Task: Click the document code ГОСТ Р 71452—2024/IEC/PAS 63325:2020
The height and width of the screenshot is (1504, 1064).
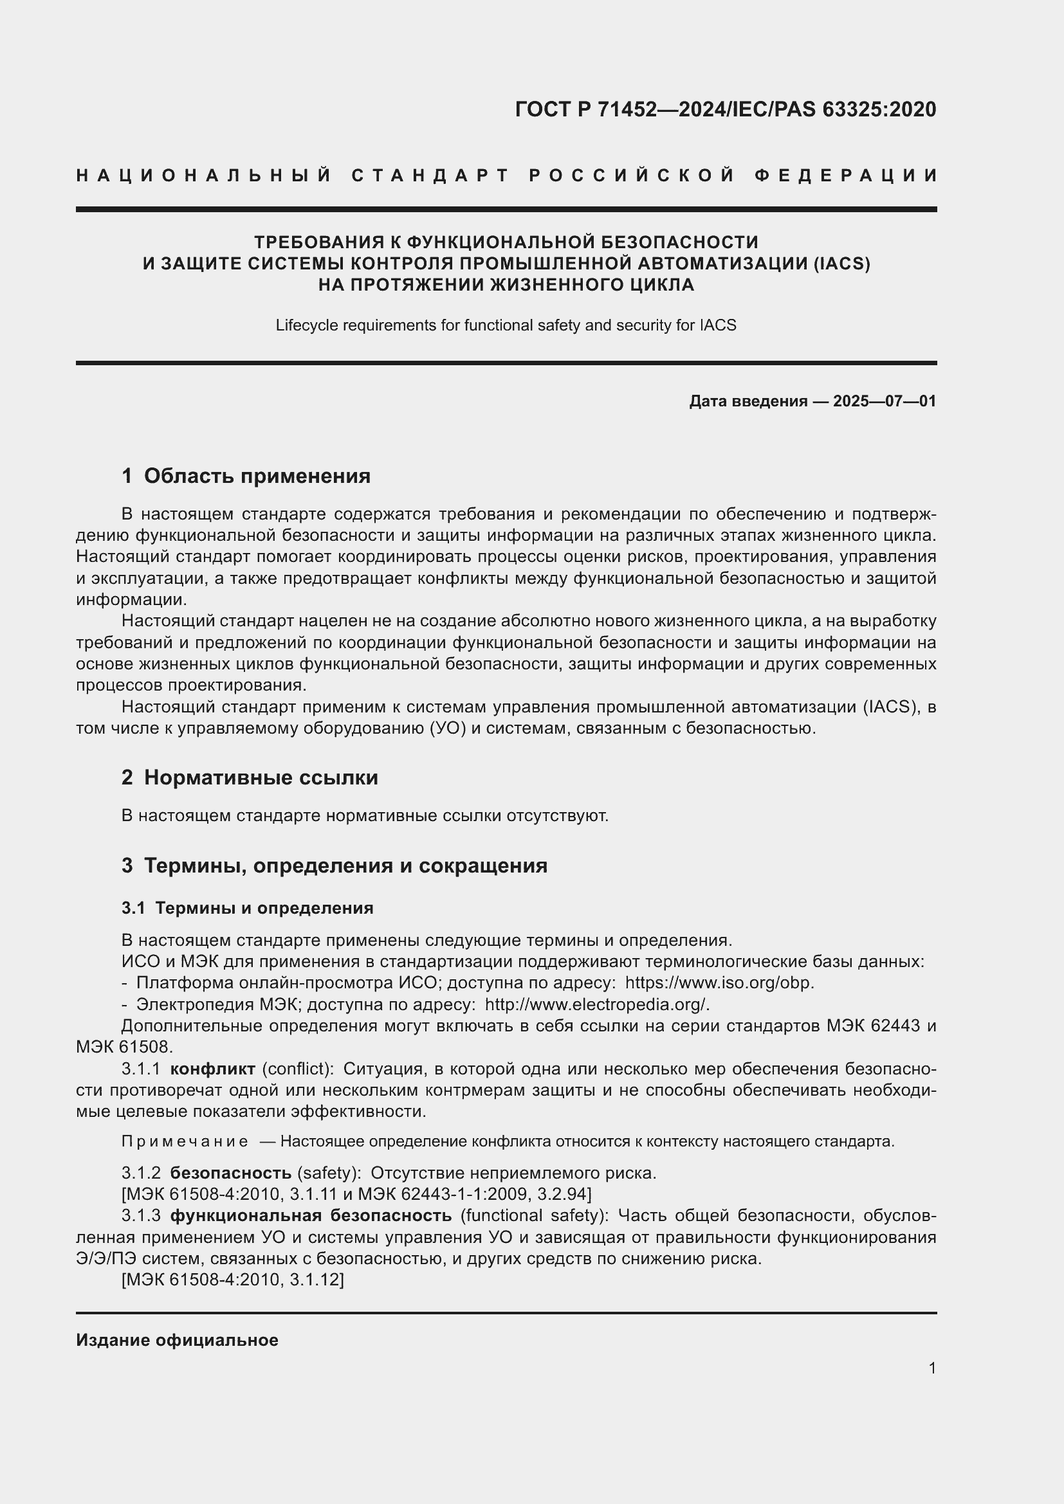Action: point(725,109)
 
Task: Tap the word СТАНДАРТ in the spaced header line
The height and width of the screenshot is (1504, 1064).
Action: point(430,176)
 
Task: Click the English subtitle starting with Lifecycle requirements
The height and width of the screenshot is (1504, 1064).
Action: point(506,325)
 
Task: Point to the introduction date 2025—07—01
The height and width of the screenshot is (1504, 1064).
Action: point(885,401)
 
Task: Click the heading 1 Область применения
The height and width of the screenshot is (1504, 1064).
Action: point(246,476)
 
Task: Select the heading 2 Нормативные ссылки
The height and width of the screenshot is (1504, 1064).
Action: point(250,777)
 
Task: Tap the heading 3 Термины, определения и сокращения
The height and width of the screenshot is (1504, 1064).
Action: point(334,865)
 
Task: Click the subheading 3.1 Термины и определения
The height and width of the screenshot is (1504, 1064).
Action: point(247,908)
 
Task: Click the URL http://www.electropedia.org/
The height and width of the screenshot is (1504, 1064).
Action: point(596,1004)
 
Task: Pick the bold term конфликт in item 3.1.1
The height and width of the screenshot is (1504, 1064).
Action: point(212,1069)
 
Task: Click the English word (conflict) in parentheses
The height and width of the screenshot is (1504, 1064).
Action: point(298,1069)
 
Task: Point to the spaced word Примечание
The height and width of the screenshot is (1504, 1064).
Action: point(185,1142)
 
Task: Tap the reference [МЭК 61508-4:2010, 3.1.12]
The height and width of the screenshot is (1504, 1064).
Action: point(233,1280)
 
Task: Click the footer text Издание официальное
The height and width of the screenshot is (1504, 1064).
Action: point(177,1339)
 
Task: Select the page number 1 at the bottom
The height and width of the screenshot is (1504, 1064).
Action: point(931,1368)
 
